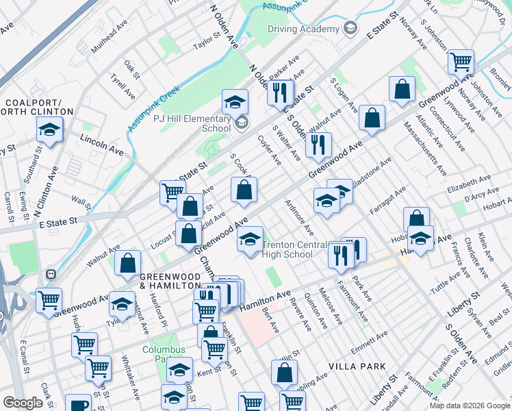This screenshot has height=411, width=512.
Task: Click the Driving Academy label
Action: click(x=303, y=29)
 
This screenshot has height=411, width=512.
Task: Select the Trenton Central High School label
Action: click(x=296, y=249)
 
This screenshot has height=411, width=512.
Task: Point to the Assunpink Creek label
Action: click(x=153, y=108)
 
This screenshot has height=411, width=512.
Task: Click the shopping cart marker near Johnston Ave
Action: click(x=461, y=62)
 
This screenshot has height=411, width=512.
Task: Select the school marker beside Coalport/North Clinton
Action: click(x=50, y=129)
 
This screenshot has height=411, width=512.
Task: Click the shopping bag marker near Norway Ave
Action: click(x=402, y=88)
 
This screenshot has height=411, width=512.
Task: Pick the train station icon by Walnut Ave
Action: click(x=50, y=274)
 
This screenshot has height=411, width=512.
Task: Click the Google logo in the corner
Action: click(x=23, y=403)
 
